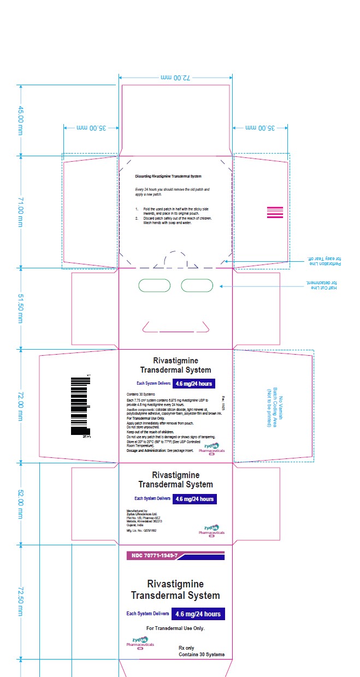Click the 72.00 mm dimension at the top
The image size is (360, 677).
point(175,78)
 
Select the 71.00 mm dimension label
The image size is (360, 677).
point(21,212)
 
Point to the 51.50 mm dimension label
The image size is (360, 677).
point(21,308)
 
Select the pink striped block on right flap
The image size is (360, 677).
point(275,213)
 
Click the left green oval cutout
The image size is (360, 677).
point(155,285)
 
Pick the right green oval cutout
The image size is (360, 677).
point(197,285)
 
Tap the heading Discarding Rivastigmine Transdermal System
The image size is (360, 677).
point(168,176)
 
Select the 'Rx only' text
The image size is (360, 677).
point(186,648)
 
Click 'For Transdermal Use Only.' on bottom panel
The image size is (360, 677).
point(175,628)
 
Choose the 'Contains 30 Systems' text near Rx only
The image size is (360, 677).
point(201,654)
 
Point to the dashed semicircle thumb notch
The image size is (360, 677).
point(176,259)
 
